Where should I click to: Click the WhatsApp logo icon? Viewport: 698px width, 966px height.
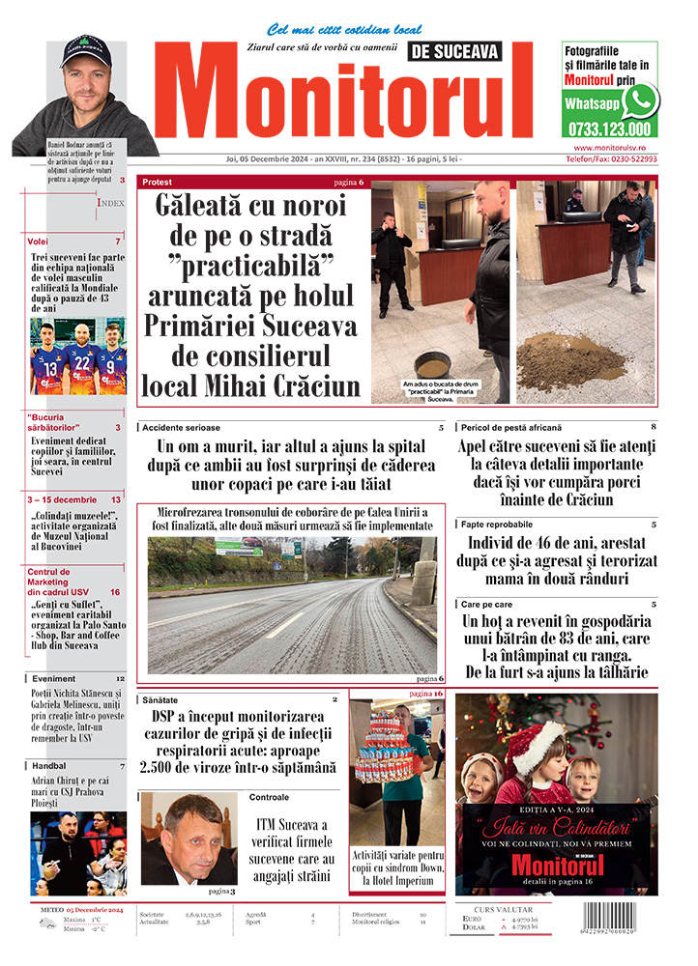click(x=639, y=100)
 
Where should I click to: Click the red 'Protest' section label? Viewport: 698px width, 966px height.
click(x=158, y=182)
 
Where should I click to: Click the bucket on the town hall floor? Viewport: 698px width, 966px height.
click(x=431, y=366)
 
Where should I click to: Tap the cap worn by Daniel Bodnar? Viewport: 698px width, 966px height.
click(x=85, y=51)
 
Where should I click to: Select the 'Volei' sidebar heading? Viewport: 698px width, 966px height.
click(x=39, y=241)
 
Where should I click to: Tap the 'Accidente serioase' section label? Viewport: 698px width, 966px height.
click(x=181, y=427)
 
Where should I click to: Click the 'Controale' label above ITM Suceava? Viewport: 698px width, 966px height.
click(x=269, y=797)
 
